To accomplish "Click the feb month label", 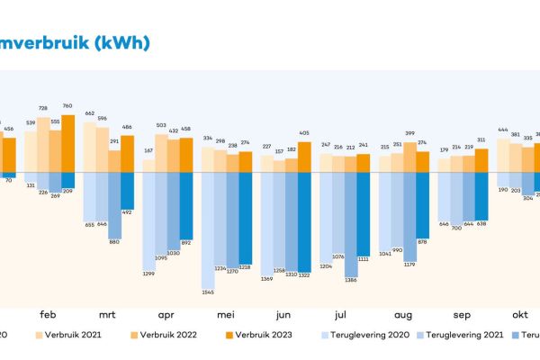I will [50, 315].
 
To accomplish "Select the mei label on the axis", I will [227, 315].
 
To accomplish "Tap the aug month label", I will [402, 315].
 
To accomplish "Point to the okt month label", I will [519, 315].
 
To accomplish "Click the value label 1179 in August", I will [409, 265].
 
